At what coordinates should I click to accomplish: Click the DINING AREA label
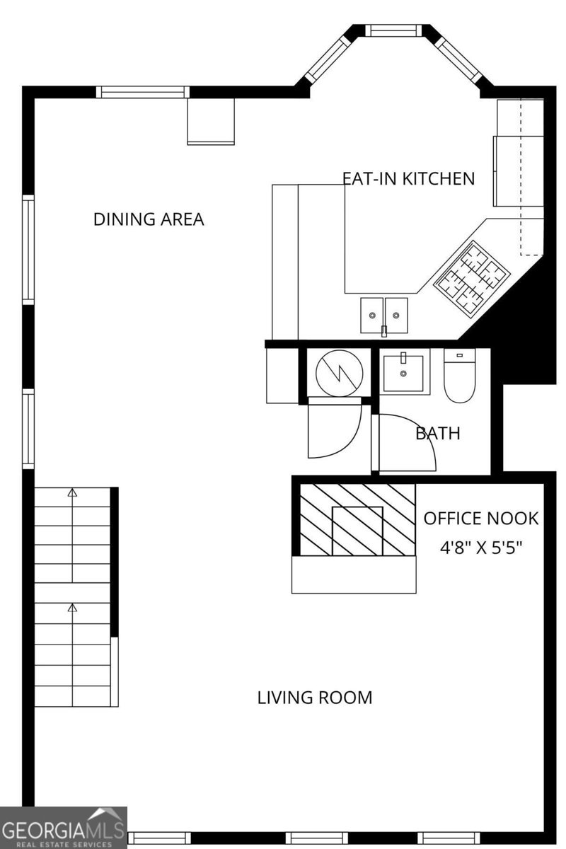coord(149,219)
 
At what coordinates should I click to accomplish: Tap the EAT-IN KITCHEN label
coord(408,178)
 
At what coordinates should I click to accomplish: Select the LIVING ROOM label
coord(314,698)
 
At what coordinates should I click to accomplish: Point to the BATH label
coord(437,433)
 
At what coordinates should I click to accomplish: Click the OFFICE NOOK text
coord(480,519)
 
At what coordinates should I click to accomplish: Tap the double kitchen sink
coord(384,315)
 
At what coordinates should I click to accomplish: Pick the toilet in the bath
coord(458,379)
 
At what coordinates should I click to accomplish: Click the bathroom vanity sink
coord(403,373)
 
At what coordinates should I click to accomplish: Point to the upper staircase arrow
coord(71,492)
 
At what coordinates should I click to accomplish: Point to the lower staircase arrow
coord(71,607)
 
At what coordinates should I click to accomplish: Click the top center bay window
coord(393,30)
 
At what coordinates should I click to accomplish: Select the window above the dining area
coord(142,91)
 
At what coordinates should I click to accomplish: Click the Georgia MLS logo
coord(64,828)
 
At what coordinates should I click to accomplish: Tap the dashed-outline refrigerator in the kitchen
coord(531,177)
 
